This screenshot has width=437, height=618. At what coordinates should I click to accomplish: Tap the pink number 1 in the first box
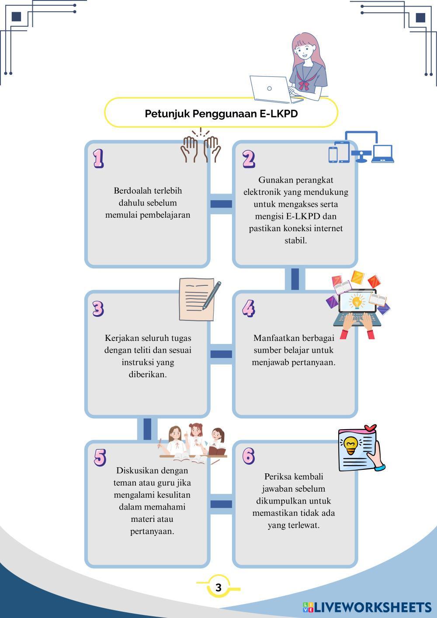(98, 158)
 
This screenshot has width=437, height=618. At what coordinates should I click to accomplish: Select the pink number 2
(249, 159)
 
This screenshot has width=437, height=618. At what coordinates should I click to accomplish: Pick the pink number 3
(98, 308)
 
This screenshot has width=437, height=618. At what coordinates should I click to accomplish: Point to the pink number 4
(248, 308)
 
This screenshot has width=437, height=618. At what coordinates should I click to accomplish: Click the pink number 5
(100, 457)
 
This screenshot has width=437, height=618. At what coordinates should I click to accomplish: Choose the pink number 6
(248, 456)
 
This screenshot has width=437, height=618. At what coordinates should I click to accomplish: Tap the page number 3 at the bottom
(218, 587)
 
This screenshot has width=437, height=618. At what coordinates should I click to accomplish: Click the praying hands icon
(201, 146)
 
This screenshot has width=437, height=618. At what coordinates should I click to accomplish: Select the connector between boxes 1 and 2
(221, 204)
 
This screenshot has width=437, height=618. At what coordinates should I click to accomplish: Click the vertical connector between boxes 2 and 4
(295, 279)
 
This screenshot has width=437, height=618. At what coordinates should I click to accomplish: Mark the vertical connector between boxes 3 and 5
(147, 429)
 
